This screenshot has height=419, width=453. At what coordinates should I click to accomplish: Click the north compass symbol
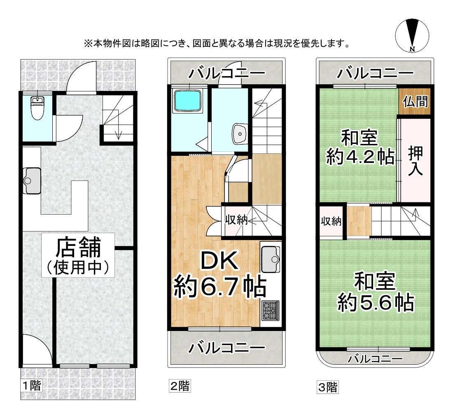412,36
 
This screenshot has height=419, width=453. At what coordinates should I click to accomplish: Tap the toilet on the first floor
37,108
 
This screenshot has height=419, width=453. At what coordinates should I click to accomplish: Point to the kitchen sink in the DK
270,259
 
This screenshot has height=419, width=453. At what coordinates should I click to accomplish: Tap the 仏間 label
415,102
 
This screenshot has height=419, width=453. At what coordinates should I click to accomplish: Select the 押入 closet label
415,160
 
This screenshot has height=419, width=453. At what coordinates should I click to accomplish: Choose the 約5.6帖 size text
375,303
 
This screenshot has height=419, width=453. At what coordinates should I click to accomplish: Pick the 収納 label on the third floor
331,222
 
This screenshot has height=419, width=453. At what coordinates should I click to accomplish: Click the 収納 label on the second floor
236,220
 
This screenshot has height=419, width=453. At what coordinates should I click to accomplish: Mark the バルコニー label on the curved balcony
374,359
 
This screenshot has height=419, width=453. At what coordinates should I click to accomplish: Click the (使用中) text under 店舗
78,268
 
